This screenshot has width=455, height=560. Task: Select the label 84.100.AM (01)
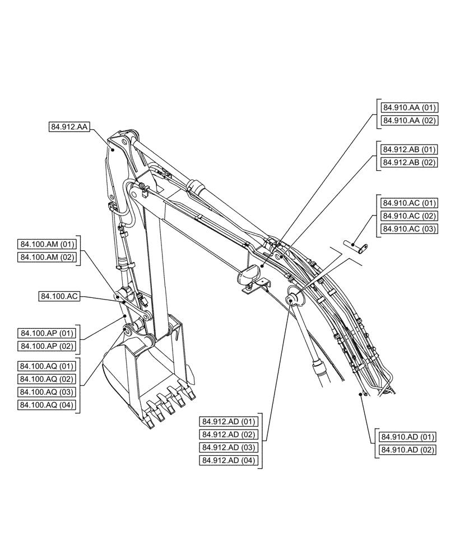47,244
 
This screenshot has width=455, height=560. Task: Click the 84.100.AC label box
58,296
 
